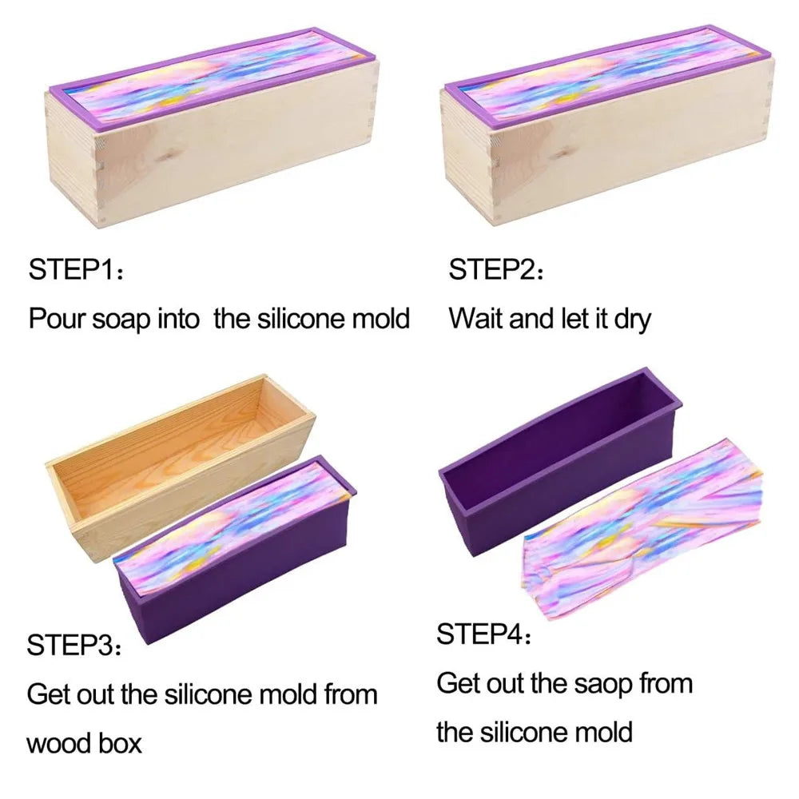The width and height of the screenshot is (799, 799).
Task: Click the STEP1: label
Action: pos(76,269)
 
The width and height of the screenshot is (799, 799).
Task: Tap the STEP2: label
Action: pos(496,269)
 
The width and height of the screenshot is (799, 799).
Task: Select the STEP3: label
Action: pos(74,645)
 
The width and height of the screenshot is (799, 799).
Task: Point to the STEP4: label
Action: pos(484,634)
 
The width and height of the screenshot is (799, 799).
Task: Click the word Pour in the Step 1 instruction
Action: pos(57,319)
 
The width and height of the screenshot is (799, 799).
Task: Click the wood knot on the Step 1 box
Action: pos(165,157)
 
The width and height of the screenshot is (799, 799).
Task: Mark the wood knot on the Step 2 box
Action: pos(562,153)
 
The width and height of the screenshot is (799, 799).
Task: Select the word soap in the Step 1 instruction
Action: pos(121,320)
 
